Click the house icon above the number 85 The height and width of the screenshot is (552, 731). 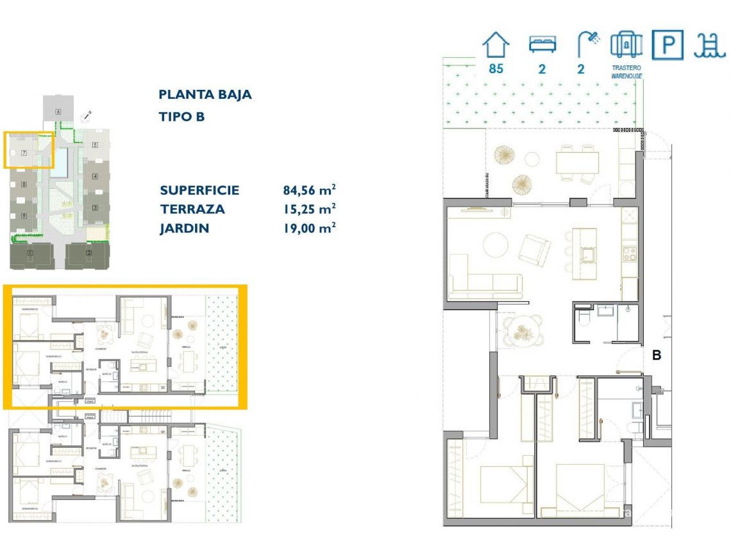coord(496,46)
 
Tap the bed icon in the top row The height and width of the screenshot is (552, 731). coord(542,44)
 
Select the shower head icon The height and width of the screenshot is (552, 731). coord(587,44)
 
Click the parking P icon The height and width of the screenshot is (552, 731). coord(668,45)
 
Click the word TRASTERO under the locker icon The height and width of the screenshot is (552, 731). coord(626,67)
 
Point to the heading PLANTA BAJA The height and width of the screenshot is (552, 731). coord(205,94)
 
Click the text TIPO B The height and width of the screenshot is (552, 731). coord(181,117)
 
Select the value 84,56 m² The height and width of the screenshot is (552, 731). coord(310,190)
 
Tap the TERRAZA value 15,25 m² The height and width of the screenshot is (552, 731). coord(310,209)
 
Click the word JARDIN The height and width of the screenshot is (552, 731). coord(185,228)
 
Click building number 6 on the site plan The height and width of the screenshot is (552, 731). coord(58,112)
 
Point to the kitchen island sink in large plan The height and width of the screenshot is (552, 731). coord(585,256)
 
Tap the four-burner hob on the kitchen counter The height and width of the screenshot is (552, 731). coord(629,250)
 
